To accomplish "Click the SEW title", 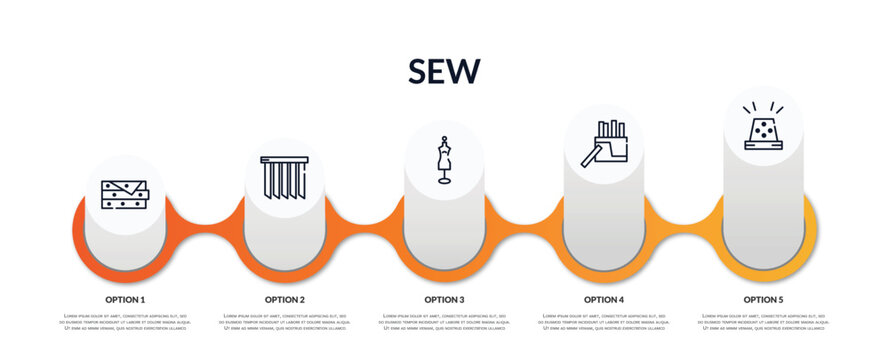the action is (444, 71).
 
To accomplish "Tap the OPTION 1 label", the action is (125, 299).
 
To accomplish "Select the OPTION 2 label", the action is (285, 299).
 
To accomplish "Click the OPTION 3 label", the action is (444, 299).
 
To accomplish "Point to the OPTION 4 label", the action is (604, 299).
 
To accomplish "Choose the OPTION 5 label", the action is (763, 299).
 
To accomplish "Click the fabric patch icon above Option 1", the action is (125, 194).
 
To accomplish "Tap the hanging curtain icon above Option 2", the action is (285, 177).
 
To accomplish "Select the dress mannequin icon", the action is (444, 160).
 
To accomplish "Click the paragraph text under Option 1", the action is (125, 322).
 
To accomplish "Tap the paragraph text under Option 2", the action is (285, 322).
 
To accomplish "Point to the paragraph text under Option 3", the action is (444, 322).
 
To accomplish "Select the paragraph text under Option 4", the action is (604, 322).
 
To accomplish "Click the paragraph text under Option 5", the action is (763, 322).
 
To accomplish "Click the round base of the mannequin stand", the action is (444, 181).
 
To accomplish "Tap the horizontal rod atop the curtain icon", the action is (285, 159).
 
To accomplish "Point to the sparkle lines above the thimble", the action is (763, 107).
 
